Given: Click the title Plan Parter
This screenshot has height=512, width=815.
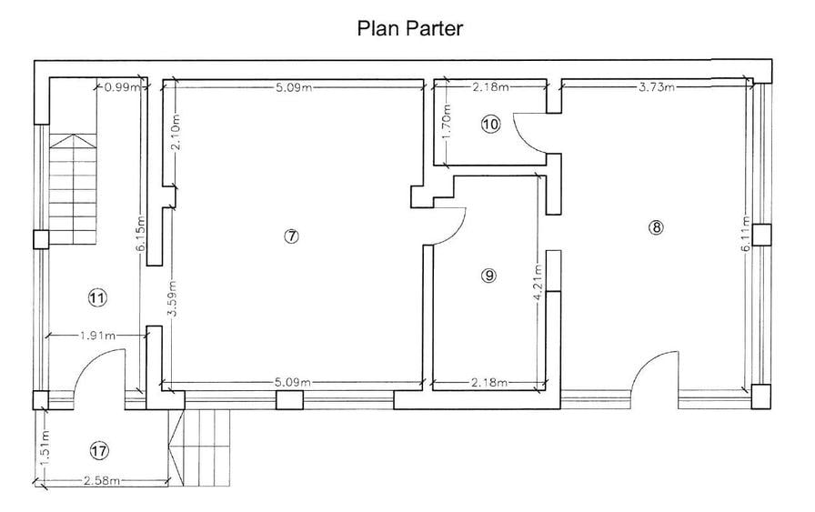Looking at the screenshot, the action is pos(409,28).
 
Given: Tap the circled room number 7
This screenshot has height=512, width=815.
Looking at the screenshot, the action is pos(292,236).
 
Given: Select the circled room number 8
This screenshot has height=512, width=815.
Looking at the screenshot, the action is pos(657,227).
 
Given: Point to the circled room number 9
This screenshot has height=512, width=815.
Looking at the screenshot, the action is pos(488,276).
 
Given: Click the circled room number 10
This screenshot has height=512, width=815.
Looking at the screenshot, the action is pos(490,125).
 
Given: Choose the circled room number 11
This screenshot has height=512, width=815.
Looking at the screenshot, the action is pos(97,298).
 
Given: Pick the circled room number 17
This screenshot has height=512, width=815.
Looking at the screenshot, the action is pos(99,450).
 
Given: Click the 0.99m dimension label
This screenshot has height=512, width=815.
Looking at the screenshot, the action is pos(122,87).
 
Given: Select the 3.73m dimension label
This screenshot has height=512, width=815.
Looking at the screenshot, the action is pos(657,86).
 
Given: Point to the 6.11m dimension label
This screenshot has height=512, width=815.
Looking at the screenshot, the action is pos(746,234).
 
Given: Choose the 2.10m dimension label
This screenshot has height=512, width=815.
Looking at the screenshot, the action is pos(176,132).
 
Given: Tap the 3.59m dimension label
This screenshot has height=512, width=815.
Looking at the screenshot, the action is pos(173,298).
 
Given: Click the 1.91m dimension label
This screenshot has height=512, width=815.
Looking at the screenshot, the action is pos(97,336).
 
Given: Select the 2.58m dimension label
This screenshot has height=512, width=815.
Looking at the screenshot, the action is pos(101,481).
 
